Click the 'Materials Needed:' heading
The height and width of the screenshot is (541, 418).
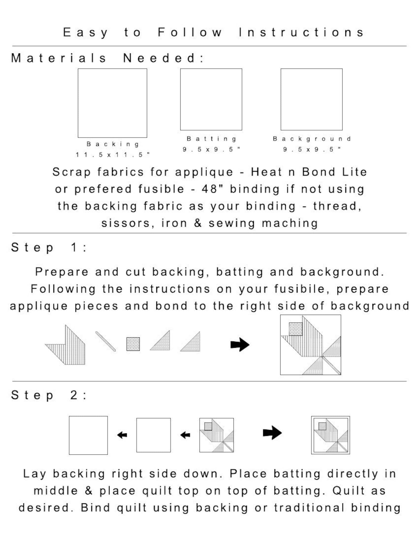point(107,58)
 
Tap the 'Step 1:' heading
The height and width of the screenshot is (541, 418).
point(49,248)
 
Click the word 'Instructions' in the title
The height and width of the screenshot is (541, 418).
point(301,32)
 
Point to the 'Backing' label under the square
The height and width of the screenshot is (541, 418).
point(113,144)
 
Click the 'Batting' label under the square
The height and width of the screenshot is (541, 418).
point(211,139)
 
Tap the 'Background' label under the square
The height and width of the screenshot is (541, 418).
point(312,139)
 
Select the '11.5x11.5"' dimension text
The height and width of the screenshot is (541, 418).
point(113,155)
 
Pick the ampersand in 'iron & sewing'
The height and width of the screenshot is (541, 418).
point(198,223)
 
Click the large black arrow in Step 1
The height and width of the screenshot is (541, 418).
point(240,344)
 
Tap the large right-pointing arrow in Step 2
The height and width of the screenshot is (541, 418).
point(272,433)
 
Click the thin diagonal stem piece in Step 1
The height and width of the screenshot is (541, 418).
point(106,341)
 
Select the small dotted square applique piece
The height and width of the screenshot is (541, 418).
point(133,344)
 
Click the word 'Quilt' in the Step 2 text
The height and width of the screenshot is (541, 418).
point(349,491)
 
